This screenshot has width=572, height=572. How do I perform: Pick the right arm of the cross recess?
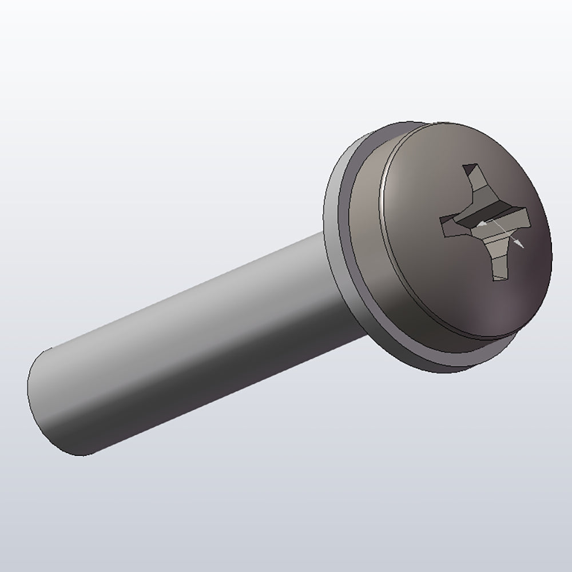(x=518, y=219)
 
